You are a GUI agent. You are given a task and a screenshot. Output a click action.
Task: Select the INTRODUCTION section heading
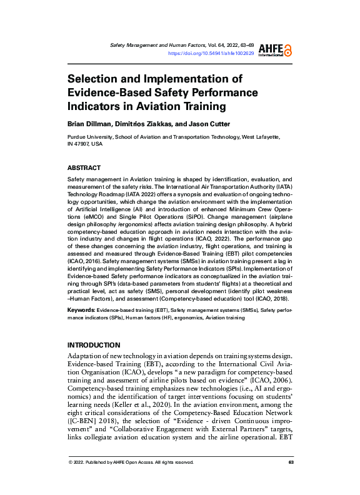coord(94,345)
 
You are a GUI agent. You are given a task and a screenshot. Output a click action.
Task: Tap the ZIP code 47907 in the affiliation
coord(84,143)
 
